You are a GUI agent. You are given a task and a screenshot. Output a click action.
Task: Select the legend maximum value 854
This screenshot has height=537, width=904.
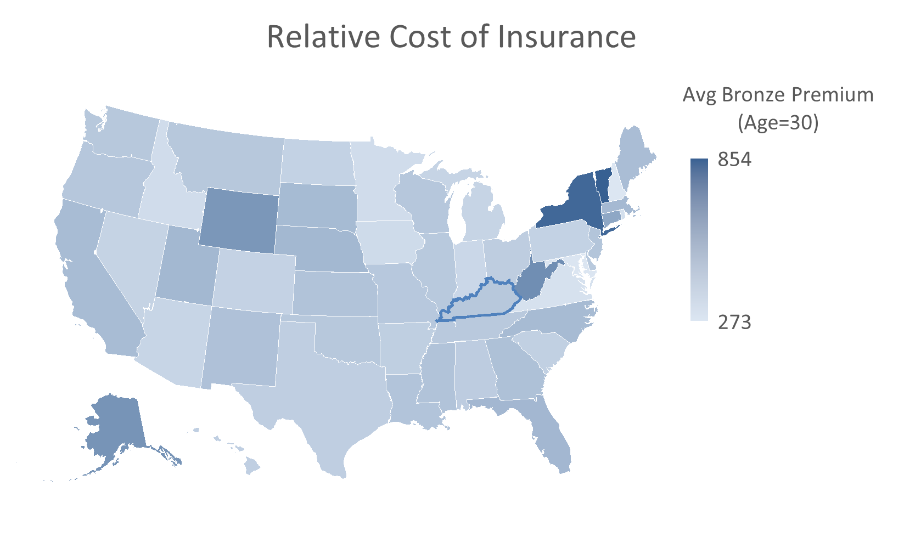tap(734, 160)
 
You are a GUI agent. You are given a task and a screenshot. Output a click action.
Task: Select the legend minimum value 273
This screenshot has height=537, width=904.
tap(734, 322)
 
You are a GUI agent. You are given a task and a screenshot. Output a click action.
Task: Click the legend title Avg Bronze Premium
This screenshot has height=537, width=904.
tap(778, 95)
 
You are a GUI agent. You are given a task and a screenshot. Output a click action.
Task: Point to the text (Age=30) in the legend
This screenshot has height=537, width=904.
tap(778, 123)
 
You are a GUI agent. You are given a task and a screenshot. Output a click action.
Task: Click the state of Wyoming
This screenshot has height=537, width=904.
tap(238, 219)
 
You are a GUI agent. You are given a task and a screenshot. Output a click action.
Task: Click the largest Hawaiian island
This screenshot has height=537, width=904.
tap(252, 467)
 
